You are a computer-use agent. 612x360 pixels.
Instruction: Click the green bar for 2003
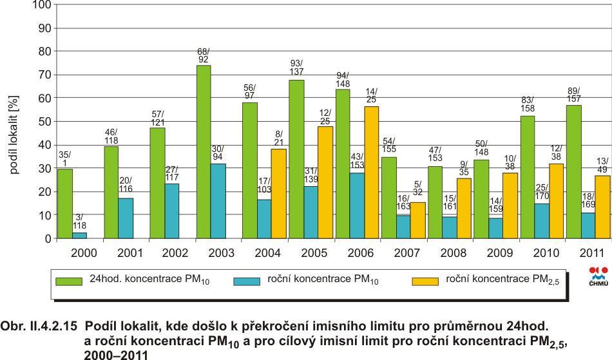tap(204, 152)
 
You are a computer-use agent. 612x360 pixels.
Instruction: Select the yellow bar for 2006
tap(371, 173)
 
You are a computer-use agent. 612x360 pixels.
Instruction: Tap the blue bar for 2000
tap(79, 236)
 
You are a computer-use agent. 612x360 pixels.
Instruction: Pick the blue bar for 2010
tap(542, 221)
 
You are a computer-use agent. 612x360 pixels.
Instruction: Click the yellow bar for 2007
tap(418, 220)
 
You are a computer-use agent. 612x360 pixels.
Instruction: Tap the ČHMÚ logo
tap(598, 275)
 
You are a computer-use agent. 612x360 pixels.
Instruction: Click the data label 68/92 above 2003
tap(204, 55)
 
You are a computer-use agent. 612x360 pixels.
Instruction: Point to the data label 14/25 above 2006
tap(372, 95)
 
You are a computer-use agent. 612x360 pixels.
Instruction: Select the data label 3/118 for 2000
tap(80, 222)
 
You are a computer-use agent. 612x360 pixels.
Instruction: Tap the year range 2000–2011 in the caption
tap(116, 354)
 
